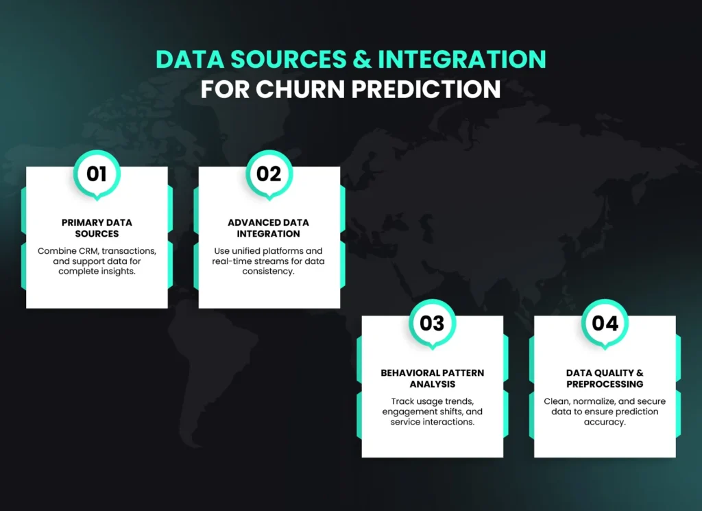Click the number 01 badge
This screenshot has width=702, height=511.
tap(97, 174)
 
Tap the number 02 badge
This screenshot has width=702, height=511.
tap(269, 174)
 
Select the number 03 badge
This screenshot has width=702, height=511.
tap(432, 323)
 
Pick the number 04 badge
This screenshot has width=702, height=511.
tap(605, 323)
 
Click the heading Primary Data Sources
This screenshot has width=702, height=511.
tap(97, 228)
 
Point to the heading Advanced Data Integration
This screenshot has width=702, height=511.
tap(269, 228)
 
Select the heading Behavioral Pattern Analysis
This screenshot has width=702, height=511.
tap(432, 378)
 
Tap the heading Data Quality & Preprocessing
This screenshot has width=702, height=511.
tap(605, 378)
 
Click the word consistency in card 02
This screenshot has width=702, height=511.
tap(269, 272)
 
